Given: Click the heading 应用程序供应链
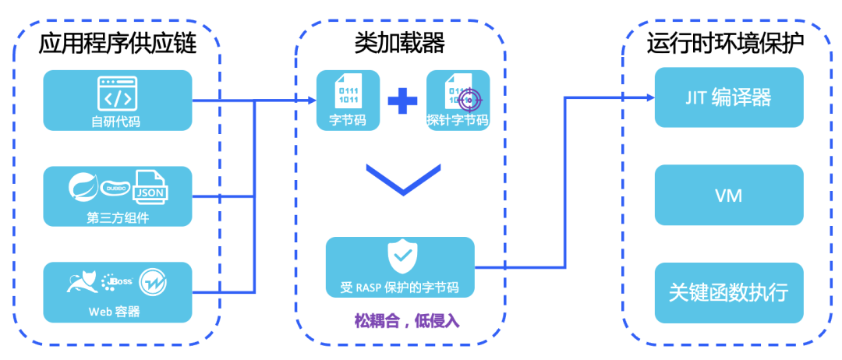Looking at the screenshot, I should [x=117, y=42].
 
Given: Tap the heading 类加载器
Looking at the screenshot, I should [x=400, y=42].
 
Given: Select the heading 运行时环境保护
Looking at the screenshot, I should [x=726, y=42].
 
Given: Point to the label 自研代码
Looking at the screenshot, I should [x=117, y=121].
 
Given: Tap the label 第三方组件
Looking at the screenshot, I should [x=118, y=217].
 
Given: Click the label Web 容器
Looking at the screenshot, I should [x=117, y=312].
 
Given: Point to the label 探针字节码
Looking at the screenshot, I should [x=458, y=121].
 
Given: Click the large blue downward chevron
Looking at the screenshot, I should [x=400, y=182].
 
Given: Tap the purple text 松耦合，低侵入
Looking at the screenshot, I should [x=400, y=320].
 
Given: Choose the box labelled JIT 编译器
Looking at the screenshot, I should [x=728, y=97].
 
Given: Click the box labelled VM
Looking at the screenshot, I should [x=728, y=195].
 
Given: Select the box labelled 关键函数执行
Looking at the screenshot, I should [x=728, y=293].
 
